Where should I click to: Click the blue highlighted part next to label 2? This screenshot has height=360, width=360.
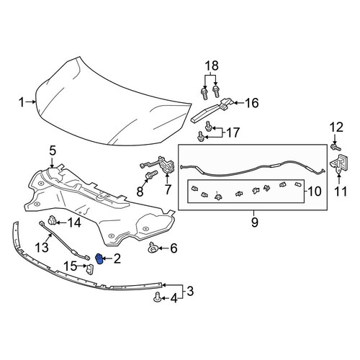click(99, 258)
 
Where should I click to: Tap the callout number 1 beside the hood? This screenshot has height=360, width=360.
click(22, 102)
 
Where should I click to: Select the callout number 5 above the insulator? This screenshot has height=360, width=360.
click(53, 151)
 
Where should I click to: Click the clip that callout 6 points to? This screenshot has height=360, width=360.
click(152, 248)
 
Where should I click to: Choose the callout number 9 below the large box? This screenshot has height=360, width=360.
click(255, 222)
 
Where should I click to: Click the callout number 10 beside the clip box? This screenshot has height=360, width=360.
click(315, 192)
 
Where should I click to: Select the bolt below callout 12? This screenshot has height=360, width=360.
click(336, 147)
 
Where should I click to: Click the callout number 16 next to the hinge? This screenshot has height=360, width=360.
click(252, 103)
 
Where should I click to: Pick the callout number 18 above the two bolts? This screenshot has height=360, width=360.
click(212, 66)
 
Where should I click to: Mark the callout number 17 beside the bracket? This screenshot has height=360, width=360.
click(233, 132)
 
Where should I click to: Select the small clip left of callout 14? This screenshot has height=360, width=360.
click(52, 220)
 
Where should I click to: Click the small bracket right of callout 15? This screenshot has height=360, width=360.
click(90, 269)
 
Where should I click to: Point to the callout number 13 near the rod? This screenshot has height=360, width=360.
click(42, 247)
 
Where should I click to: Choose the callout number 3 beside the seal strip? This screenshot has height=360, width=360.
click(190, 291)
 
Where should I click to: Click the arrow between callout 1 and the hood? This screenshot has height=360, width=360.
click(31, 102)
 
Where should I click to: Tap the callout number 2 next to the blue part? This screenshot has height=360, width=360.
click(117, 258)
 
